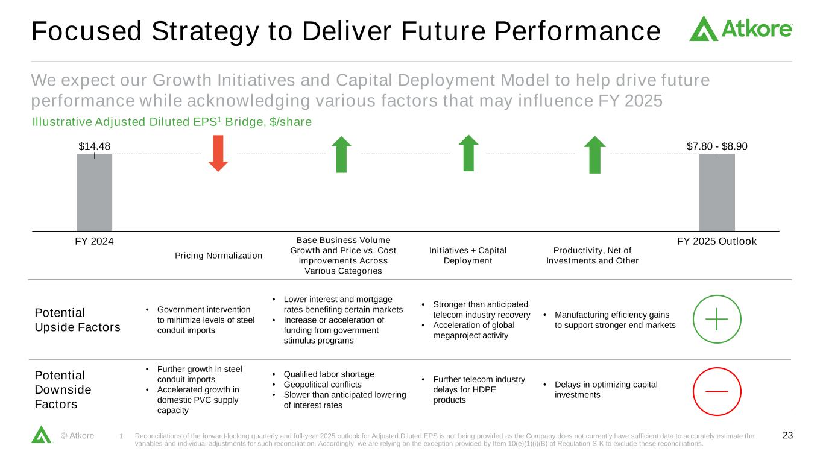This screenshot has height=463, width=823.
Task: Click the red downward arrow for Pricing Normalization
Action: point(218,153)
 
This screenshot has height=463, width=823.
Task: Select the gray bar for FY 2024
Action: point(95,192)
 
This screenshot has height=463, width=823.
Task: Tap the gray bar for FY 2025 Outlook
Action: point(717,192)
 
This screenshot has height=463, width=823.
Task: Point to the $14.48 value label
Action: point(95,146)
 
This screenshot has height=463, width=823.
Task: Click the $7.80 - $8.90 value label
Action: point(717,146)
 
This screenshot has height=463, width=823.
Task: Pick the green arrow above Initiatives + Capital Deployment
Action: point(468,153)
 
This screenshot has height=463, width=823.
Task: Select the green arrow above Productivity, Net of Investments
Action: point(595,155)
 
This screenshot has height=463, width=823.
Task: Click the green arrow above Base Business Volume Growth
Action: point(341,154)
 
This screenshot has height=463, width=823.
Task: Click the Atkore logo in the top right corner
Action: point(740,28)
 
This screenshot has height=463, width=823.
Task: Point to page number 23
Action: point(787,435)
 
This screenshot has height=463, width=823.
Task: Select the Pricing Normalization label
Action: point(219,256)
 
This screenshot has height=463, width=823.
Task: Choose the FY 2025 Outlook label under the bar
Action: point(717,241)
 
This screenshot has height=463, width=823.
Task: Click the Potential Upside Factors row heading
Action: point(78,320)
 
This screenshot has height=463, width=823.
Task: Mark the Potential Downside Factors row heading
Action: point(63,389)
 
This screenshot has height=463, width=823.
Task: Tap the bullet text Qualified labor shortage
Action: point(329,374)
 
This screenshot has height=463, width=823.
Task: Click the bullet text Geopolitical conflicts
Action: point(323,385)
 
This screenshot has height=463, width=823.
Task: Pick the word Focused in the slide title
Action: point(87,31)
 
